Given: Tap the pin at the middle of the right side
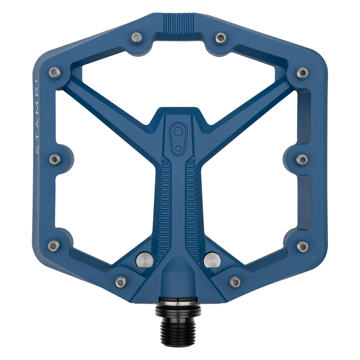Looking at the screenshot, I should pyautogui.click(x=302, y=159).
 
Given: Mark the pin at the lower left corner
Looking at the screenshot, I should pyautogui.click(x=53, y=246).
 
